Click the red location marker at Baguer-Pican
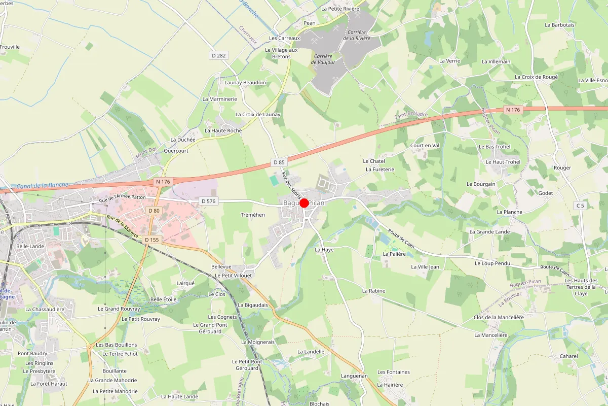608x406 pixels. (x=304, y=203)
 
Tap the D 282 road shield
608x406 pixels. (x=218, y=55)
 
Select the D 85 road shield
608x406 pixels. (x=279, y=162)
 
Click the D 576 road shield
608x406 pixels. (x=208, y=201)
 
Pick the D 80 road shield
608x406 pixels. (x=154, y=210)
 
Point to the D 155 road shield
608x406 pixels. (x=151, y=240)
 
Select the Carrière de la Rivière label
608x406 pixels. (x=357, y=35)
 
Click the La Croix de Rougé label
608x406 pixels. (x=536, y=77)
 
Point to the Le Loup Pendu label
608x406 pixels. (x=492, y=263)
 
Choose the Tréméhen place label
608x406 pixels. (x=253, y=215)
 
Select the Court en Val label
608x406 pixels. (x=425, y=145)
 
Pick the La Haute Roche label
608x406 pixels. (x=223, y=130)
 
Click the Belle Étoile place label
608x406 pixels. (x=163, y=299)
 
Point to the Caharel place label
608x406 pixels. (x=568, y=356)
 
